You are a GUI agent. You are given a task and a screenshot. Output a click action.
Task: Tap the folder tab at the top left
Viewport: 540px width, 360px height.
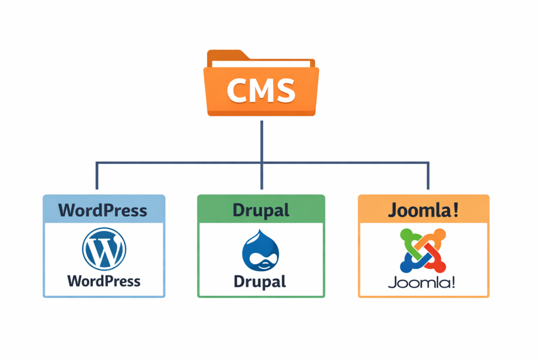(224, 55)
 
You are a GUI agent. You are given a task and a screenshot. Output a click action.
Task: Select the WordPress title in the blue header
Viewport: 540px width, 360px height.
(103, 210)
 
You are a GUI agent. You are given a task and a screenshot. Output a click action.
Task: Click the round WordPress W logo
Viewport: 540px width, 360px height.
(104, 249)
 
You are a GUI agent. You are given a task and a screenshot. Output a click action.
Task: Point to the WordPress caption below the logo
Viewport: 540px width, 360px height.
(104, 280)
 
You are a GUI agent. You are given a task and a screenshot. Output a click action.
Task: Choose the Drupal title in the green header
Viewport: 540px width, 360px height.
(261, 210)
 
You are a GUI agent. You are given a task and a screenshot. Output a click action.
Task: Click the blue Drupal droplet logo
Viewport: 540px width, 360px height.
(261, 252)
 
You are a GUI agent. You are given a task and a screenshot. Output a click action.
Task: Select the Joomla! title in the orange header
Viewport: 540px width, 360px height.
(423, 210)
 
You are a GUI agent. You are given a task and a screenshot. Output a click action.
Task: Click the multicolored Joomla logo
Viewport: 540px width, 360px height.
(423, 251)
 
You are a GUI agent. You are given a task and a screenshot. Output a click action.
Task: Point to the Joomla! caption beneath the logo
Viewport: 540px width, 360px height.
(423, 282)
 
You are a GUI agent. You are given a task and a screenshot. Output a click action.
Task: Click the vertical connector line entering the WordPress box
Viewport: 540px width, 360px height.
(97, 177)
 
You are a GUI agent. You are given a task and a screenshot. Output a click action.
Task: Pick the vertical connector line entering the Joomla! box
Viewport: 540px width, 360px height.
(427, 177)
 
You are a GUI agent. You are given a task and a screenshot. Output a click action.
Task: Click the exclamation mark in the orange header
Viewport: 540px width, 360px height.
(455, 210)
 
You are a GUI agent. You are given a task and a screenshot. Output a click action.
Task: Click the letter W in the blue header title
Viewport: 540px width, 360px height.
(67, 210)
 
